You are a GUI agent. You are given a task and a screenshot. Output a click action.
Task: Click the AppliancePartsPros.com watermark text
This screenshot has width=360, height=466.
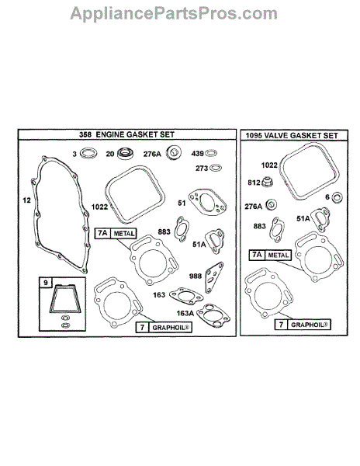click(x=174, y=14)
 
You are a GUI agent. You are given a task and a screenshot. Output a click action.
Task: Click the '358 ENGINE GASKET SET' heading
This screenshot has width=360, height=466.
click(x=126, y=134)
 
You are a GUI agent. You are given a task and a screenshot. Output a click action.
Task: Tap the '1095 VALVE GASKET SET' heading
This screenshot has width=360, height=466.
click(x=292, y=135)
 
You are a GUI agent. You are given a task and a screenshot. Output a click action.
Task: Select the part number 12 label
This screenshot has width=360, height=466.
click(x=26, y=200)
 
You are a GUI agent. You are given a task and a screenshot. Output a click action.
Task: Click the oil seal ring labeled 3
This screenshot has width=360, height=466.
click(x=88, y=153)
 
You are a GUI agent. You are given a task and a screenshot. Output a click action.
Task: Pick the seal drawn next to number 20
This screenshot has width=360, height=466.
click(x=126, y=153)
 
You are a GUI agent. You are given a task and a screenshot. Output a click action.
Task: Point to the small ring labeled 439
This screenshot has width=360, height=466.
click(x=211, y=153)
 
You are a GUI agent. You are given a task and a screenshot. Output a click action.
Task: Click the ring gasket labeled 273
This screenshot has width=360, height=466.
click(x=216, y=168)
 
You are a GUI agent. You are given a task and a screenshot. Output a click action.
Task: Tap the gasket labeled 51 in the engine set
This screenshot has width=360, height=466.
click(x=208, y=202)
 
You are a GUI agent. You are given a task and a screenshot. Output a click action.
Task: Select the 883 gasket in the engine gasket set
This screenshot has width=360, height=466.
click(x=182, y=229)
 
